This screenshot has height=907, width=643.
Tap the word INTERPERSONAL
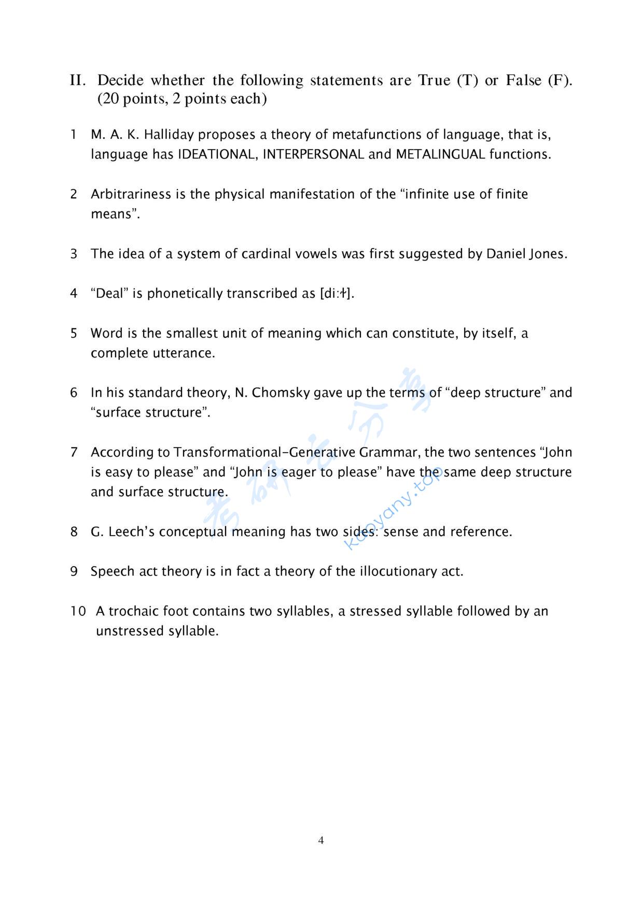(313, 154)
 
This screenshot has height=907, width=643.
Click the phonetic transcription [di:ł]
(336, 294)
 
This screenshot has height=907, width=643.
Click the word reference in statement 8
(481, 532)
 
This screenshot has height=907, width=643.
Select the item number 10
(78, 611)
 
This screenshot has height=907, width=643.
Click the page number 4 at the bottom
(321, 840)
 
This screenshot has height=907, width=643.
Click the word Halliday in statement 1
(169, 135)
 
